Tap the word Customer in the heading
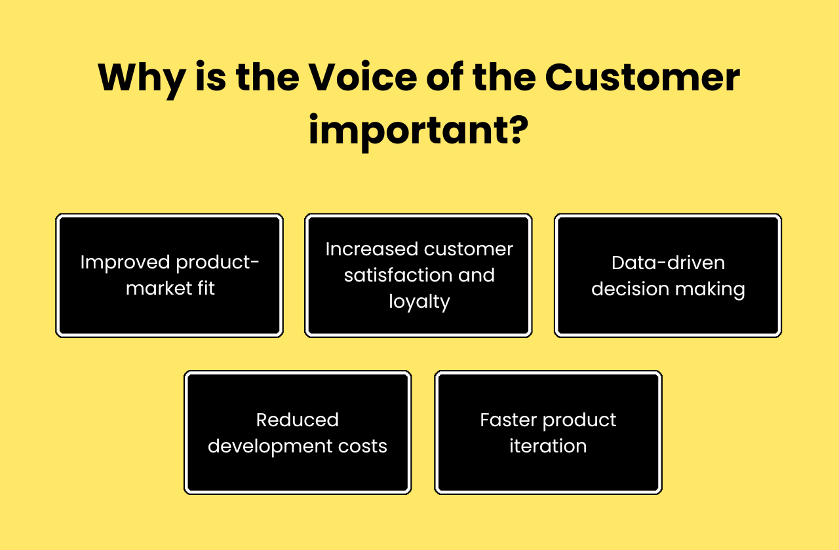click(x=642, y=78)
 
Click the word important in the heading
click(x=406, y=132)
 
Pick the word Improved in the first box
click(x=122, y=263)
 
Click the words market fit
click(x=170, y=289)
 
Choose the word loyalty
click(x=419, y=302)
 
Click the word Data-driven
click(x=668, y=263)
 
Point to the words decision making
click(x=668, y=289)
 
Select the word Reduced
click(x=297, y=420)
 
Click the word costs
click(x=365, y=447)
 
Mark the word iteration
click(x=548, y=446)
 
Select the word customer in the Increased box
click(x=468, y=249)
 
